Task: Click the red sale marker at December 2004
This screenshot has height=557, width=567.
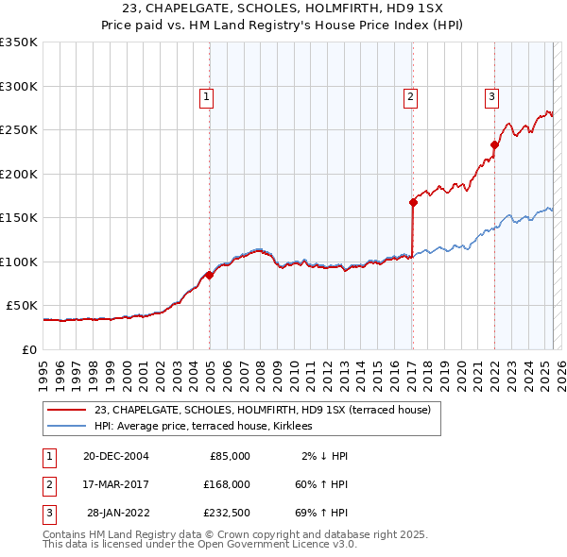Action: [x=209, y=275]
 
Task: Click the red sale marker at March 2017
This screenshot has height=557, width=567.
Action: [x=413, y=202]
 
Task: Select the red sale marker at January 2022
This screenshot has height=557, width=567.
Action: [x=494, y=144]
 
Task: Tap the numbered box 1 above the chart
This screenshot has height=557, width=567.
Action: [x=206, y=95]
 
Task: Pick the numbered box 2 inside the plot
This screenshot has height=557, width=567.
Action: [x=411, y=95]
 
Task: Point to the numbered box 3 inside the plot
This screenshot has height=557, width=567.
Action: [x=492, y=95]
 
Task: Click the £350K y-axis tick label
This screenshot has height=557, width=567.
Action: [x=19, y=42]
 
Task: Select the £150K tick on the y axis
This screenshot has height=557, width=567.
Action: [x=19, y=218]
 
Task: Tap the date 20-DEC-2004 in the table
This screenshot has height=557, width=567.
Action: [x=115, y=456]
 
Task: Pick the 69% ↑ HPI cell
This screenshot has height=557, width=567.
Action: [x=319, y=513]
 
